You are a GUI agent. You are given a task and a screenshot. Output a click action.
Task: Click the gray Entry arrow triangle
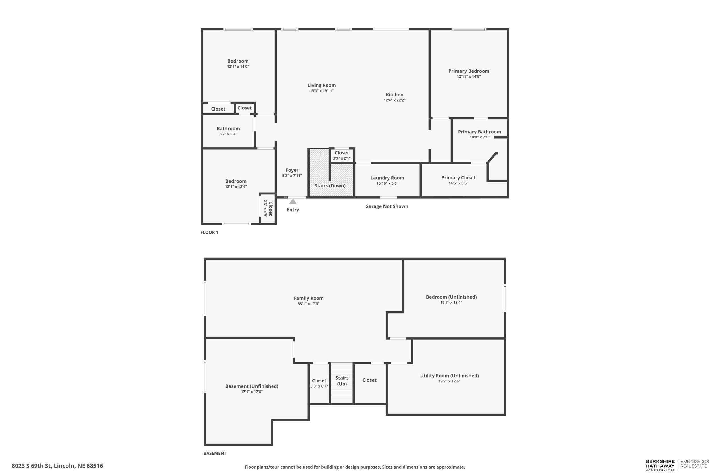(293, 201)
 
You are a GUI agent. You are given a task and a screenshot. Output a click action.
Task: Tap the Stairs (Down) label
(330, 186)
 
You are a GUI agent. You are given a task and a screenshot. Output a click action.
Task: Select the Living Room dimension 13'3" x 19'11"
(321, 91)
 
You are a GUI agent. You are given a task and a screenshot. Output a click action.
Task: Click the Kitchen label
(394, 95)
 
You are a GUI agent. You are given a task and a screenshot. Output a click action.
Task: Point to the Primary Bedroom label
(469, 71)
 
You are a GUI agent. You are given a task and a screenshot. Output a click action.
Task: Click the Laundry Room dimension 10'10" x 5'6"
(387, 183)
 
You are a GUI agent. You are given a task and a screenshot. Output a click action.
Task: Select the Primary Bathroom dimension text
(479, 137)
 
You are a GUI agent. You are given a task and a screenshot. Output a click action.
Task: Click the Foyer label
(292, 170)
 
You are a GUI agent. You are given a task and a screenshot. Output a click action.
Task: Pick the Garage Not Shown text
(387, 206)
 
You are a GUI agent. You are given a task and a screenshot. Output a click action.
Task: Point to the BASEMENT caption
(215, 453)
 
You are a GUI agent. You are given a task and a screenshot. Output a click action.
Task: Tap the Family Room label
(308, 298)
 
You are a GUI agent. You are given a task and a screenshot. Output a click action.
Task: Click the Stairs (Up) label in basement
(342, 380)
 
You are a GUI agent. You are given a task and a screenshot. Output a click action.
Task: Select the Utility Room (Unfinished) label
(449, 376)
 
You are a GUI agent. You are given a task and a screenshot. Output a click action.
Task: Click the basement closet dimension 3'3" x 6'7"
(319, 386)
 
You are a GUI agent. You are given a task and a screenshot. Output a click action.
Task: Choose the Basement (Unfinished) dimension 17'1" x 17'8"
(251, 392)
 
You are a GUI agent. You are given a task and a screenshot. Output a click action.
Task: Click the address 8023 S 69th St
(57, 466)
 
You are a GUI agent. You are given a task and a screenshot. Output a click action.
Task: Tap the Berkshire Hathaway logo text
(660, 465)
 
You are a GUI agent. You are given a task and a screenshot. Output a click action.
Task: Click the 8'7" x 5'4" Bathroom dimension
(228, 134)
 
